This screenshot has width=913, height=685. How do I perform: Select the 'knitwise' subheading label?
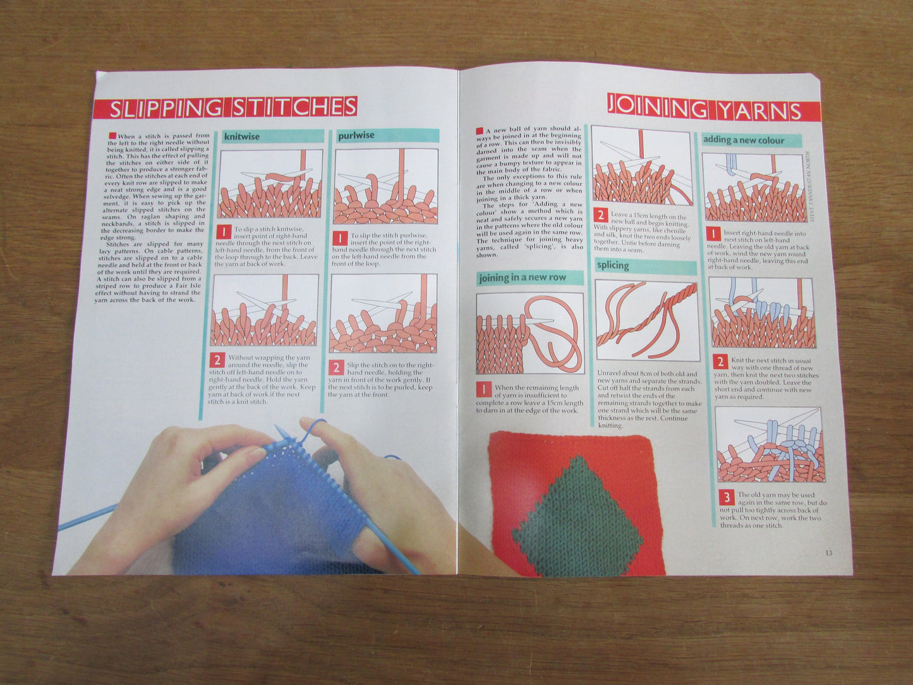[x=242, y=136]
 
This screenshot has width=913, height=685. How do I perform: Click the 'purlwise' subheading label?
[x=356, y=135]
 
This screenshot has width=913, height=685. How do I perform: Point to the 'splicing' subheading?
[x=613, y=265]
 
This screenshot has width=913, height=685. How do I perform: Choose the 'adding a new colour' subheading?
[x=744, y=140]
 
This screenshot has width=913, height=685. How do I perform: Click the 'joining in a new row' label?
[x=522, y=277]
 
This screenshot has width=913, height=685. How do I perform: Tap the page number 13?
[x=828, y=553]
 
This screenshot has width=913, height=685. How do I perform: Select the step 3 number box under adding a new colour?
[x=727, y=497]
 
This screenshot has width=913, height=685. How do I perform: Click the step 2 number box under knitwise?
[x=217, y=360]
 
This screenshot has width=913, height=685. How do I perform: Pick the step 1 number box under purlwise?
[x=340, y=238]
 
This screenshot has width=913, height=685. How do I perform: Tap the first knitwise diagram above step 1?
[x=270, y=184]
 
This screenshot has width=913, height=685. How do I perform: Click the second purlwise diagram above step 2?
[x=384, y=313]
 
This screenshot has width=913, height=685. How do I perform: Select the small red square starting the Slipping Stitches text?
[x=112, y=135]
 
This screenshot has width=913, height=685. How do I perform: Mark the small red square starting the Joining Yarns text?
[x=480, y=129]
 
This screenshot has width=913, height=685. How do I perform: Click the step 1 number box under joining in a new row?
[x=483, y=389]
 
